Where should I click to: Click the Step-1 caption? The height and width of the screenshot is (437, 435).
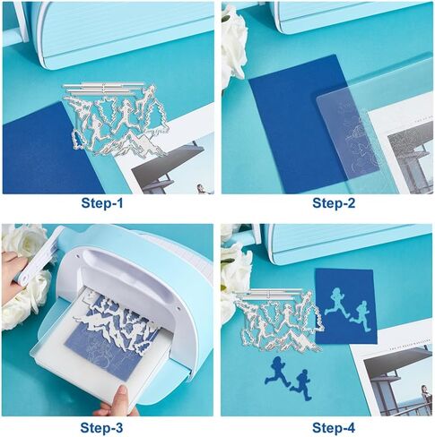(x=102, y=203)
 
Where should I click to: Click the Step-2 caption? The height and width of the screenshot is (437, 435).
(x=334, y=203)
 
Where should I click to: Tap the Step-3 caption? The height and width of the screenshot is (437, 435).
(x=101, y=428)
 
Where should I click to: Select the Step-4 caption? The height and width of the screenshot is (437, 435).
(x=334, y=428)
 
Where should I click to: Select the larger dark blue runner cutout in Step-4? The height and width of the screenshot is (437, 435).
(x=277, y=372)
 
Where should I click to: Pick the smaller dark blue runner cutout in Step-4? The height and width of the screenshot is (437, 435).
(x=301, y=385)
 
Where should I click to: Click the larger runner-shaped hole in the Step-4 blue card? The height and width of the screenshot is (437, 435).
(x=337, y=303)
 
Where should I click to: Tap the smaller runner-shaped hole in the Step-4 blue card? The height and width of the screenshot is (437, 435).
(x=361, y=316)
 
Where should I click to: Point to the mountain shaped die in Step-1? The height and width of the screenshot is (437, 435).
(x=132, y=145)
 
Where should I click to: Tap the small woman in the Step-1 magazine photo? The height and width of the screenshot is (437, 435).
(x=201, y=189)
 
